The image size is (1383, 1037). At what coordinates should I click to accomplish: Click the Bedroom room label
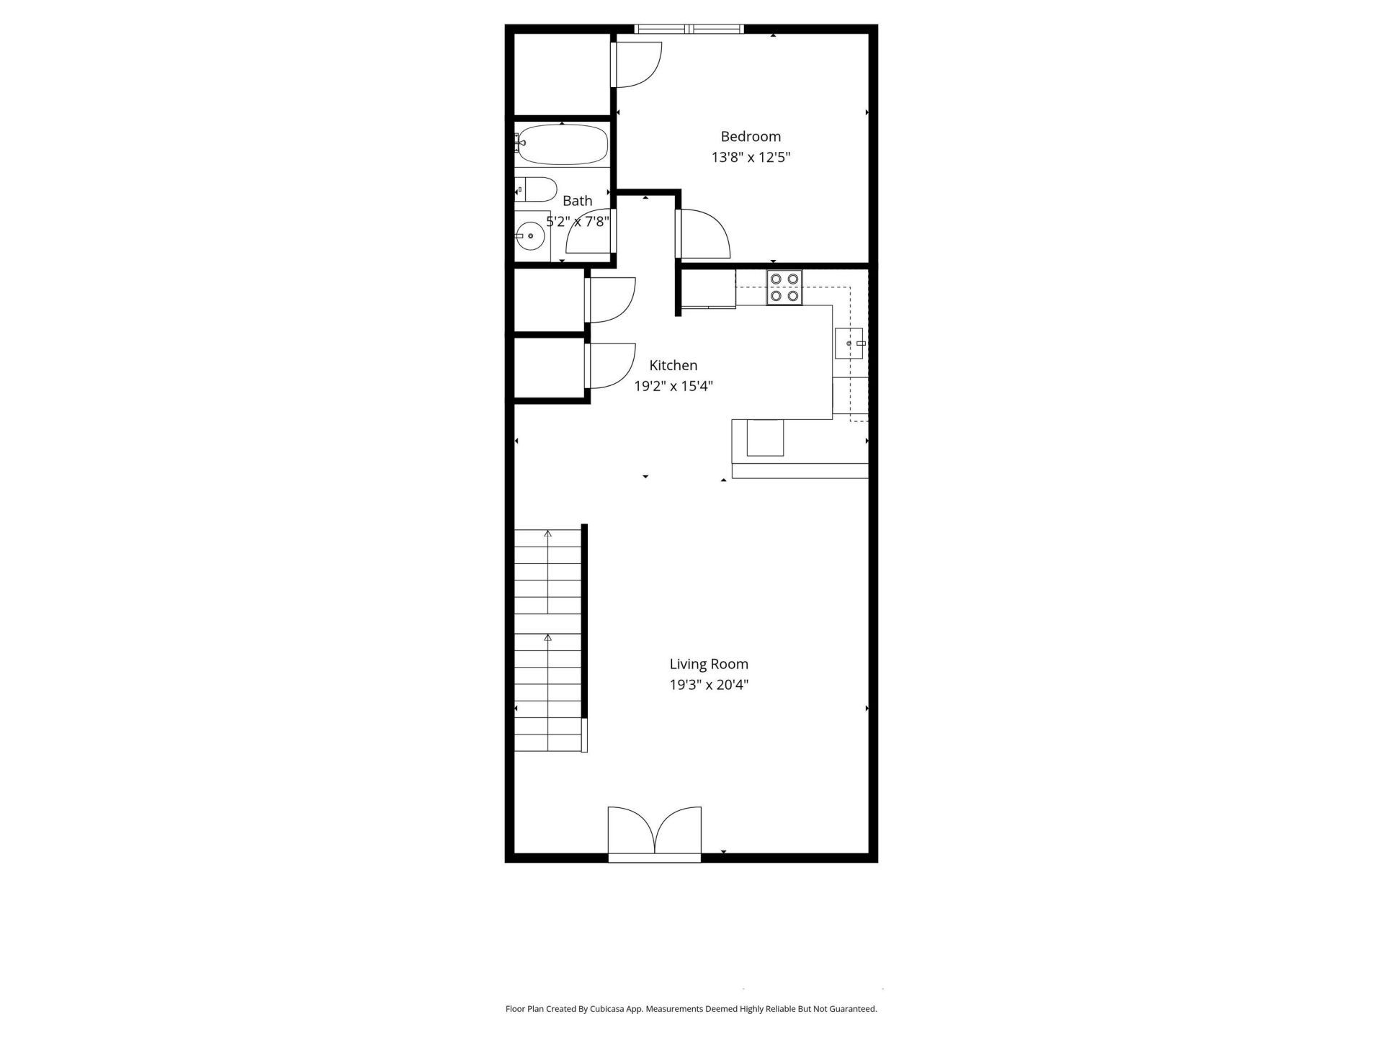[x=751, y=137]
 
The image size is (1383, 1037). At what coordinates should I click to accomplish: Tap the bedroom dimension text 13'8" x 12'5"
[x=751, y=158]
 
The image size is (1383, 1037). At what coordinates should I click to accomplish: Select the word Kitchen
[x=673, y=365]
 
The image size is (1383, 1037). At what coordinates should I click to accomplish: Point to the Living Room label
[x=709, y=664]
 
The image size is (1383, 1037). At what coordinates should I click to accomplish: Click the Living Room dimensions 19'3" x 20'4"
[x=709, y=685]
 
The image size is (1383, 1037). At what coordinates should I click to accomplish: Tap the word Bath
[x=578, y=201]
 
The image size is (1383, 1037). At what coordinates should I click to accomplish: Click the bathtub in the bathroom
[x=563, y=145]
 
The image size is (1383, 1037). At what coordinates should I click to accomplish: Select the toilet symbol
[x=537, y=190]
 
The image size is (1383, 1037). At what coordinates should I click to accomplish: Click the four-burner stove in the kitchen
[x=784, y=287]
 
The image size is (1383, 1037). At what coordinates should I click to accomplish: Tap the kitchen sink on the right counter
[x=849, y=344]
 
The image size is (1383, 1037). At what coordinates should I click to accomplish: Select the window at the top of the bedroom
[x=689, y=29]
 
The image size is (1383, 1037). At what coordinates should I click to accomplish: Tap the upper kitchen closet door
[x=611, y=300]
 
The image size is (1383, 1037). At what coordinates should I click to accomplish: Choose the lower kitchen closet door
[x=611, y=365]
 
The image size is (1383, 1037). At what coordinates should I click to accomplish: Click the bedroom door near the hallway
[x=703, y=233]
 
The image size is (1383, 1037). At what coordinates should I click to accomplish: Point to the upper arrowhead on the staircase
[x=548, y=534]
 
